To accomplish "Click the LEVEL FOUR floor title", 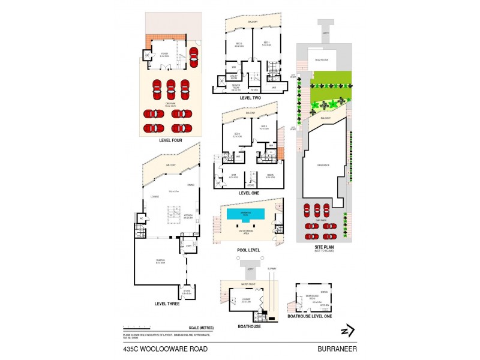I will [170, 140].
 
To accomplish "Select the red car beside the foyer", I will [193, 58].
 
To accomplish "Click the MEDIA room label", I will [270, 176].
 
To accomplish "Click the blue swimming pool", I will [245, 214].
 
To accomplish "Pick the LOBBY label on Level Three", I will [188, 245].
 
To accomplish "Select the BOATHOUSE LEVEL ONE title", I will [310, 316].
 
